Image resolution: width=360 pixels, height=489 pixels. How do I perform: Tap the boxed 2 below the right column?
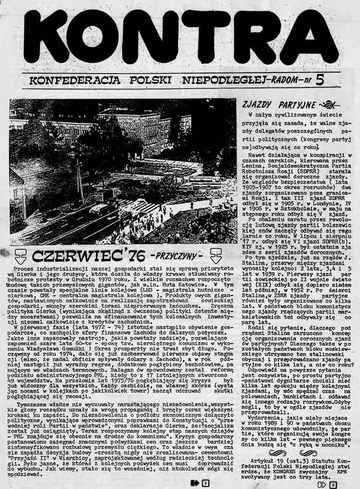tap(333, 483)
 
